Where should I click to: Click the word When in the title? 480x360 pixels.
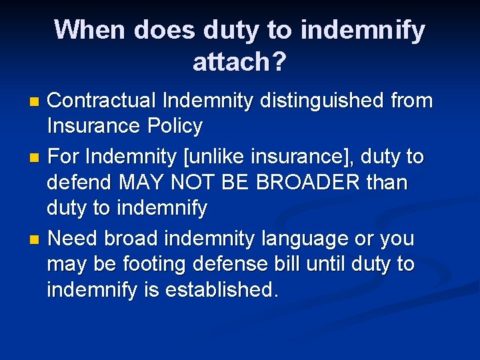coord(91,30)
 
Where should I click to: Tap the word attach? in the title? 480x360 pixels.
coord(239,62)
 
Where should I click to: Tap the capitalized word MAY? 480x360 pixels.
coord(144,182)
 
